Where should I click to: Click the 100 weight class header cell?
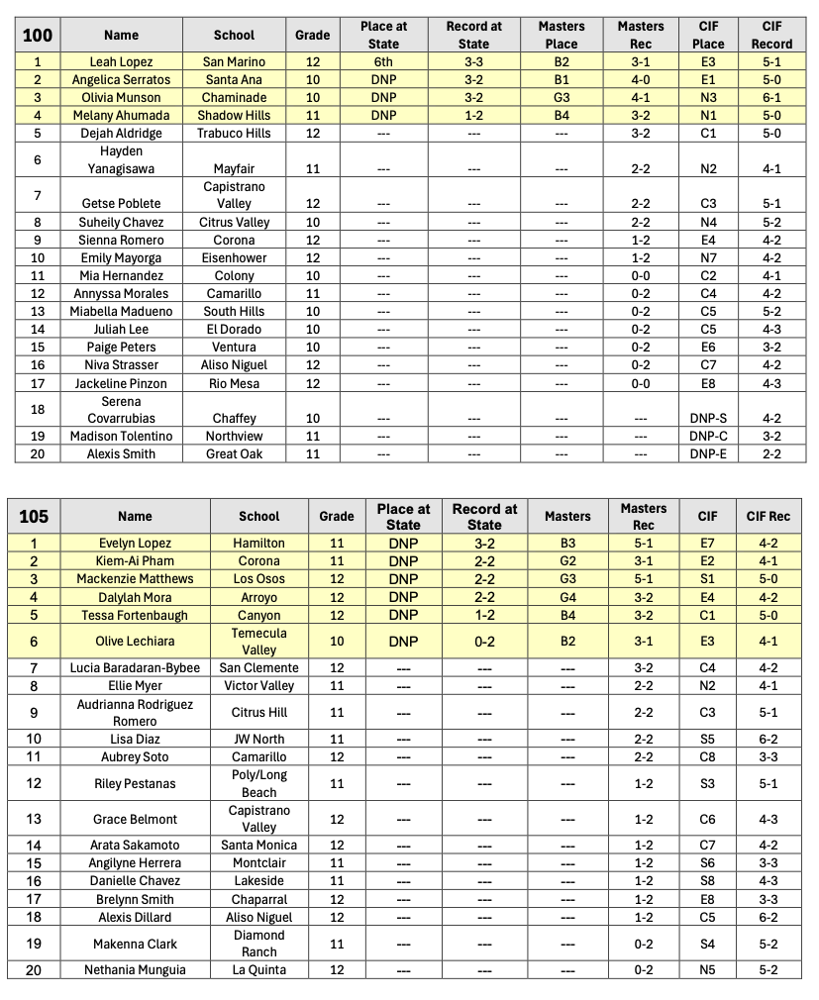click(x=38, y=35)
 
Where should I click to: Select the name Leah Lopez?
click(x=121, y=61)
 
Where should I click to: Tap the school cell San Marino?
click(x=234, y=61)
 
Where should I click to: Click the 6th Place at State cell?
click(x=383, y=61)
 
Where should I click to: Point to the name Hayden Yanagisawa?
click(x=121, y=159)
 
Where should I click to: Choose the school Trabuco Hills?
click(x=234, y=133)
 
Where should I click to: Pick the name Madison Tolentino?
click(x=121, y=436)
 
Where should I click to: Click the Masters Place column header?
click(x=561, y=35)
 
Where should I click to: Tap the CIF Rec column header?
click(x=768, y=516)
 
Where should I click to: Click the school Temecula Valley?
click(x=259, y=641)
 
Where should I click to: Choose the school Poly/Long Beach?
click(x=259, y=783)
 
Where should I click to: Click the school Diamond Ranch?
click(x=259, y=943)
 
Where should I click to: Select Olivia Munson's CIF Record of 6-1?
click(x=771, y=97)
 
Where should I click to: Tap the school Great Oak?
click(x=234, y=453)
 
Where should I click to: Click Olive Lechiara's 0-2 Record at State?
click(x=484, y=641)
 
